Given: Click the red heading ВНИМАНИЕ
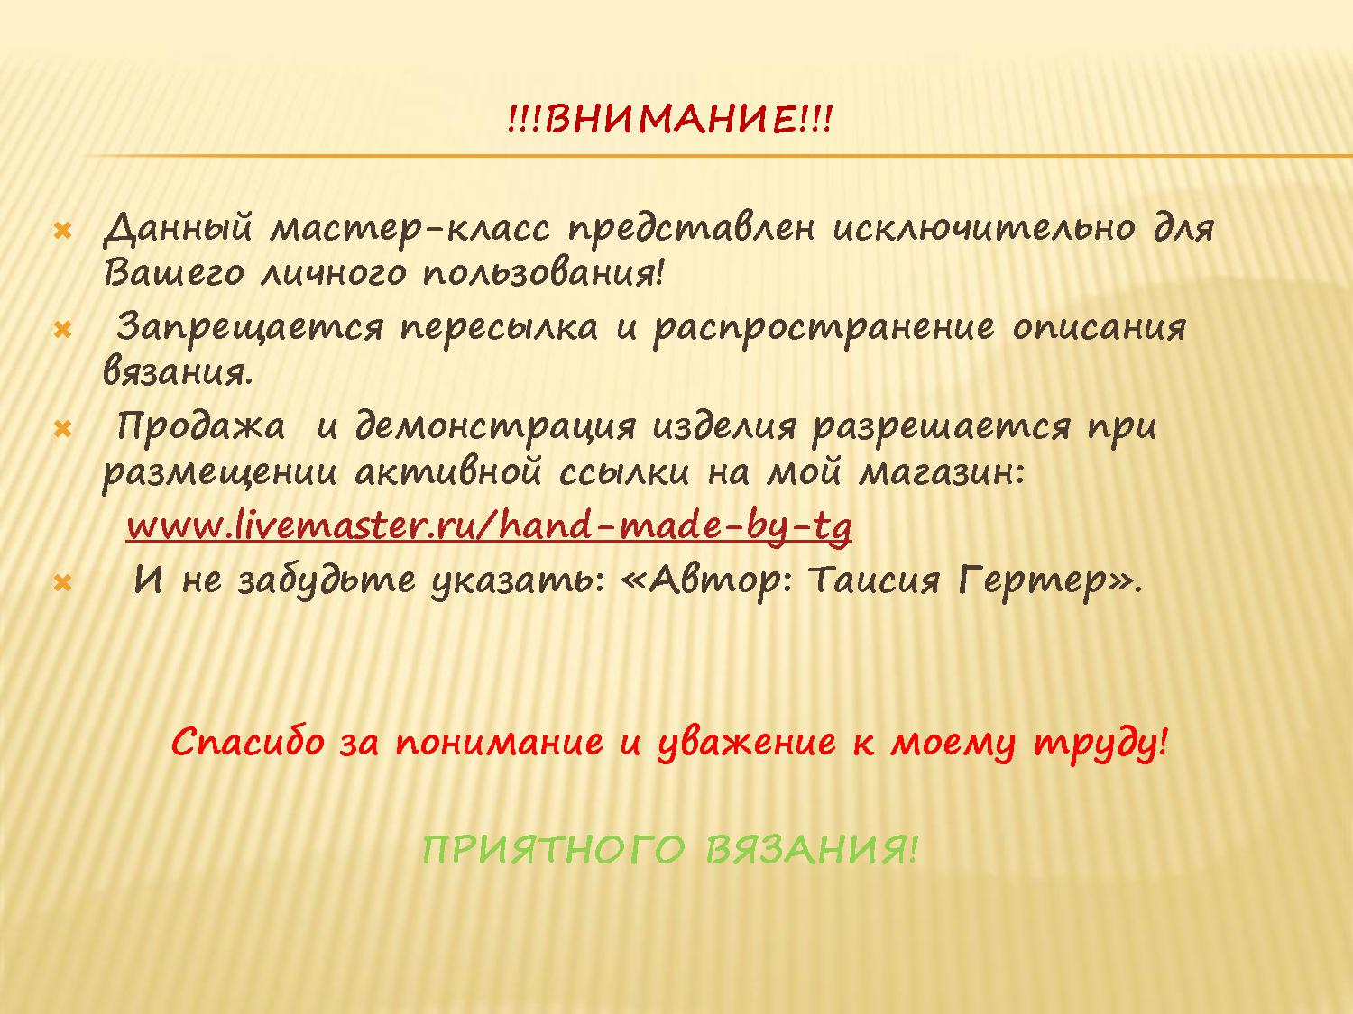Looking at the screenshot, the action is tap(669, 119).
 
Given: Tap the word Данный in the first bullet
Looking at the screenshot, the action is tap(178, 229).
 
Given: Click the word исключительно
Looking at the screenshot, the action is tap(983, 229).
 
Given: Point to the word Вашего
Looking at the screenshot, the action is tap(174, 273).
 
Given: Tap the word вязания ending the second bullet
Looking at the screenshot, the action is tap(178, 373).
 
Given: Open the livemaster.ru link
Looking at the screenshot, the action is tap(490, 527).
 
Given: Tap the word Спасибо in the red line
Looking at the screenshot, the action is tap(248, 743).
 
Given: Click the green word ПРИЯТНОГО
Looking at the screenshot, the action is tap(553, 850).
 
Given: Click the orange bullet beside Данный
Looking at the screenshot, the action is tap(63, 233).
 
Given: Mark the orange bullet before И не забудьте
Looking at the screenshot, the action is tap(63, 583).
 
